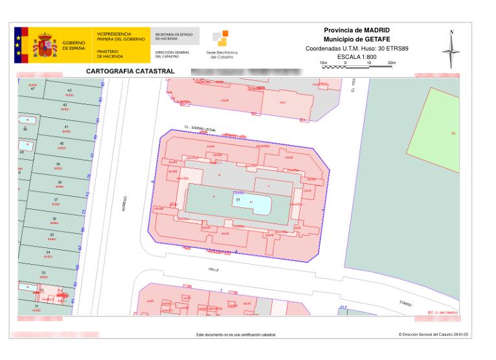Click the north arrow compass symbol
tap(451, 49)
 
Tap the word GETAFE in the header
tap(374, 39)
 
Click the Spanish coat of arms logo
tap(45, 45)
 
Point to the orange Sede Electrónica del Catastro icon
tap(221, 39)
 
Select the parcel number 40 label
tap(62, 143)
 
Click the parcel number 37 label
tap(56, 199)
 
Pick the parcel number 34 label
tap(48, 251)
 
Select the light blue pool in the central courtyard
tap(253, 204)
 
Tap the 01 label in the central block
tap(238, 201)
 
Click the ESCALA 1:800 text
tap(361, 57)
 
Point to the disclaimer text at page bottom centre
tap(236, 335)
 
